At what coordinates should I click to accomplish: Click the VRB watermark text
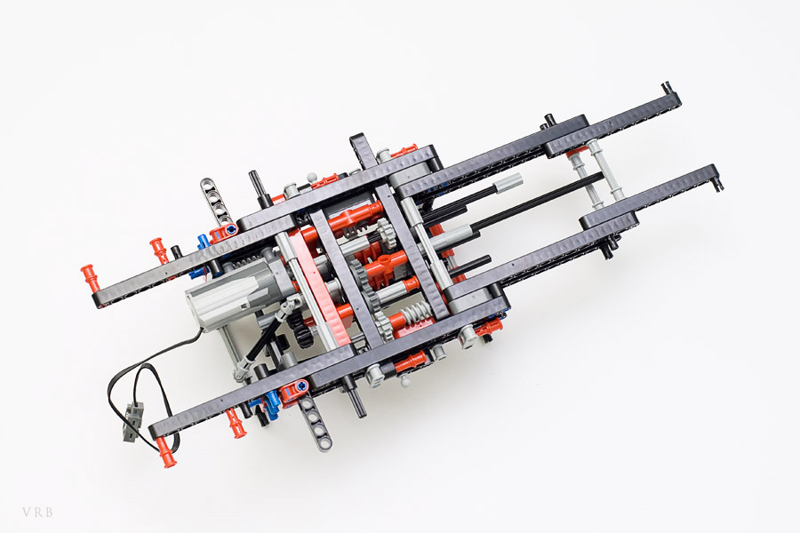pyautogui.click(x=37, y=512)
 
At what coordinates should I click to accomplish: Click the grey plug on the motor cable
pyautogui.click(x=133, y=420)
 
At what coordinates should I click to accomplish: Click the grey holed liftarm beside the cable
pyautogui.click(x=315, y=425)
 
